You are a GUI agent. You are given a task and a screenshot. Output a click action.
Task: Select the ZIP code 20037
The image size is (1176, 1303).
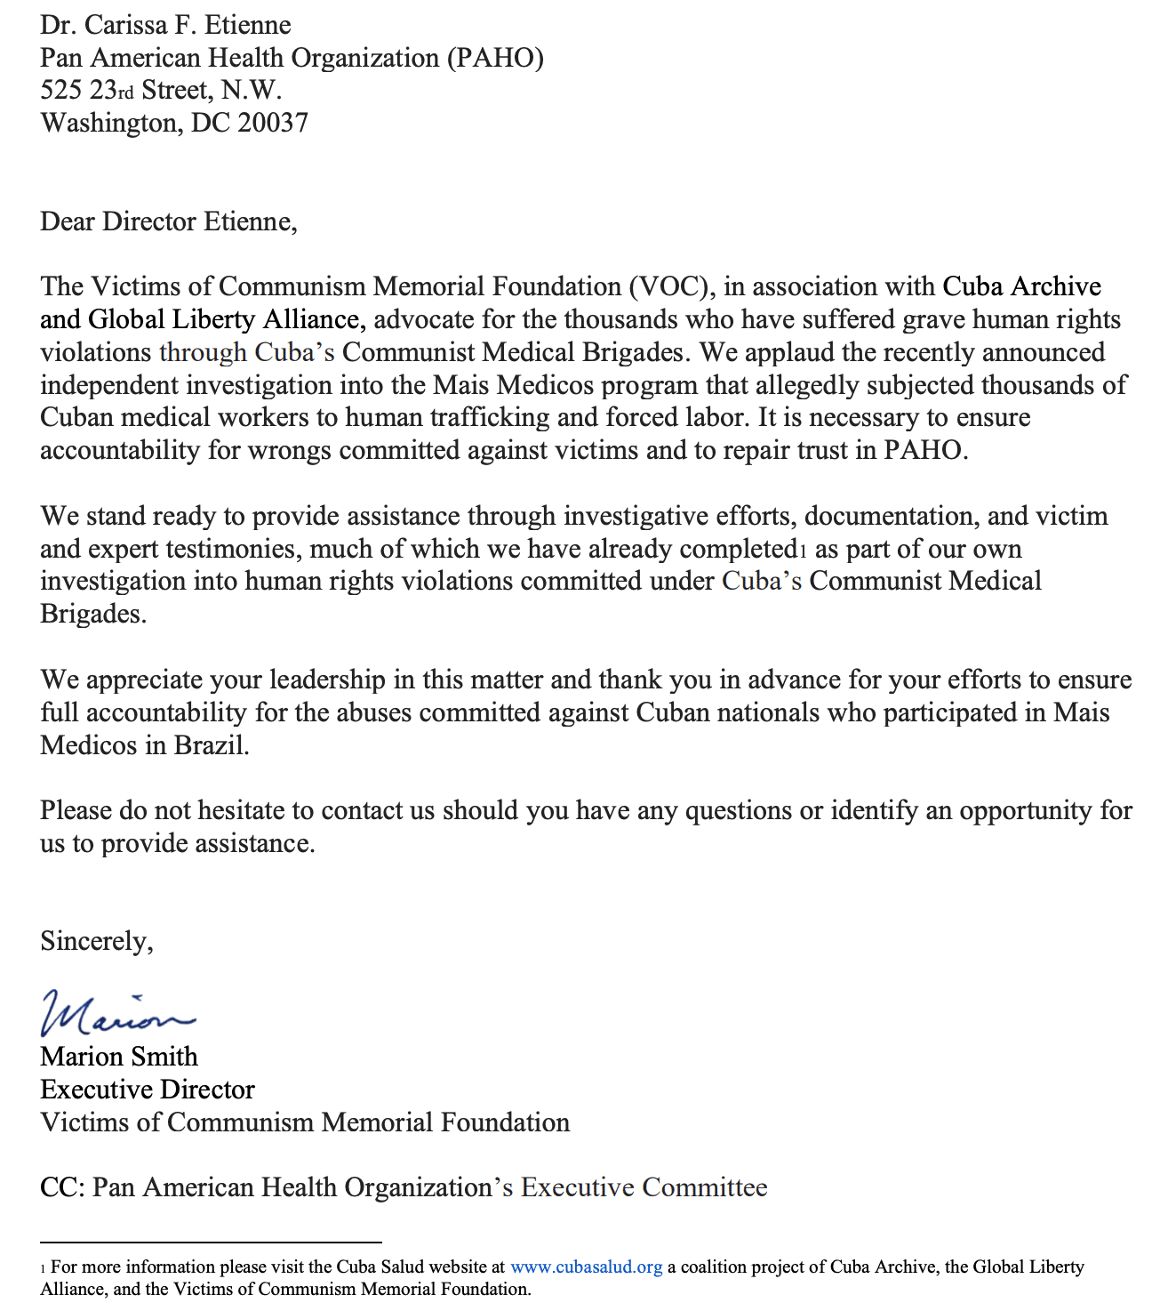coord(273,123)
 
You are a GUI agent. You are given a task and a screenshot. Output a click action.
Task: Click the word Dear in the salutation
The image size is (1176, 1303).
coord(68,221)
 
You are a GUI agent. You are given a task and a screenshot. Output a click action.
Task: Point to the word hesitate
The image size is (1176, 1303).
coord(242,810)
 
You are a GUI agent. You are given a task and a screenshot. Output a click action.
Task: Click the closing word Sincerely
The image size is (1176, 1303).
coord(96,941)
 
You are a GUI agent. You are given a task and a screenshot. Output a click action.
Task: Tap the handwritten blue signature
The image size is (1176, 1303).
coord(116,1014)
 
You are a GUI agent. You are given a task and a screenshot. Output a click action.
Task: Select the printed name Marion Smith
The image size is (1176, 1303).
coord(119,1057)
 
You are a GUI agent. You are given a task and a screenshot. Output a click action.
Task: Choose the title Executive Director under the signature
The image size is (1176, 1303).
coord(148,1090)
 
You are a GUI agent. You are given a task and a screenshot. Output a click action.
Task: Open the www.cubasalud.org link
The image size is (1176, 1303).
coord(586,1267)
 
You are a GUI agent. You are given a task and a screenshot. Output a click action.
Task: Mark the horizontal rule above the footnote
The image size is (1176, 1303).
coord(211,1242)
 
